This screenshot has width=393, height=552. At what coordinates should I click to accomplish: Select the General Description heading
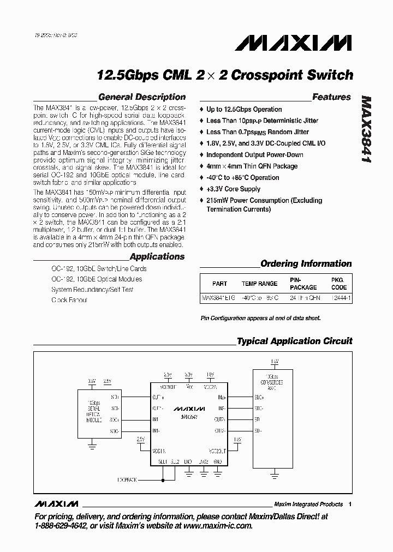[142, 97]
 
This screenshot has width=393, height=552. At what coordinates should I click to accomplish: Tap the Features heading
[331, 97]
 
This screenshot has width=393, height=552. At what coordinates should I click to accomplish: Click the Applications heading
[157, 256]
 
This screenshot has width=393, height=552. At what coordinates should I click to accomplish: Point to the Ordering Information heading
[306, 263]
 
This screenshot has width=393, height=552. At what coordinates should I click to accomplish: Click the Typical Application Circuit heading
[294, 341]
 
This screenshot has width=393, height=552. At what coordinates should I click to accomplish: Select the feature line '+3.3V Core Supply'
[233, 189]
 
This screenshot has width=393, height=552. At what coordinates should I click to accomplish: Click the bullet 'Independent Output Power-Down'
[254, 155]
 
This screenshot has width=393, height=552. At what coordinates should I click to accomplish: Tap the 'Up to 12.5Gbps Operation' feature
[244, 109]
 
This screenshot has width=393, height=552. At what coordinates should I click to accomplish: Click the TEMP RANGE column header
[259, 284]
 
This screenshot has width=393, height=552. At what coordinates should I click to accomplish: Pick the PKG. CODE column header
[339, 284]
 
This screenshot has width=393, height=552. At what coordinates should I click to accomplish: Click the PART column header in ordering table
[220, 284]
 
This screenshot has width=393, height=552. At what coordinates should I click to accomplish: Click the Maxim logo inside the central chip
[189, 408]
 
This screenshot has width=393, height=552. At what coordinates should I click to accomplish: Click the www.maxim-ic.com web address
[216, 526]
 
